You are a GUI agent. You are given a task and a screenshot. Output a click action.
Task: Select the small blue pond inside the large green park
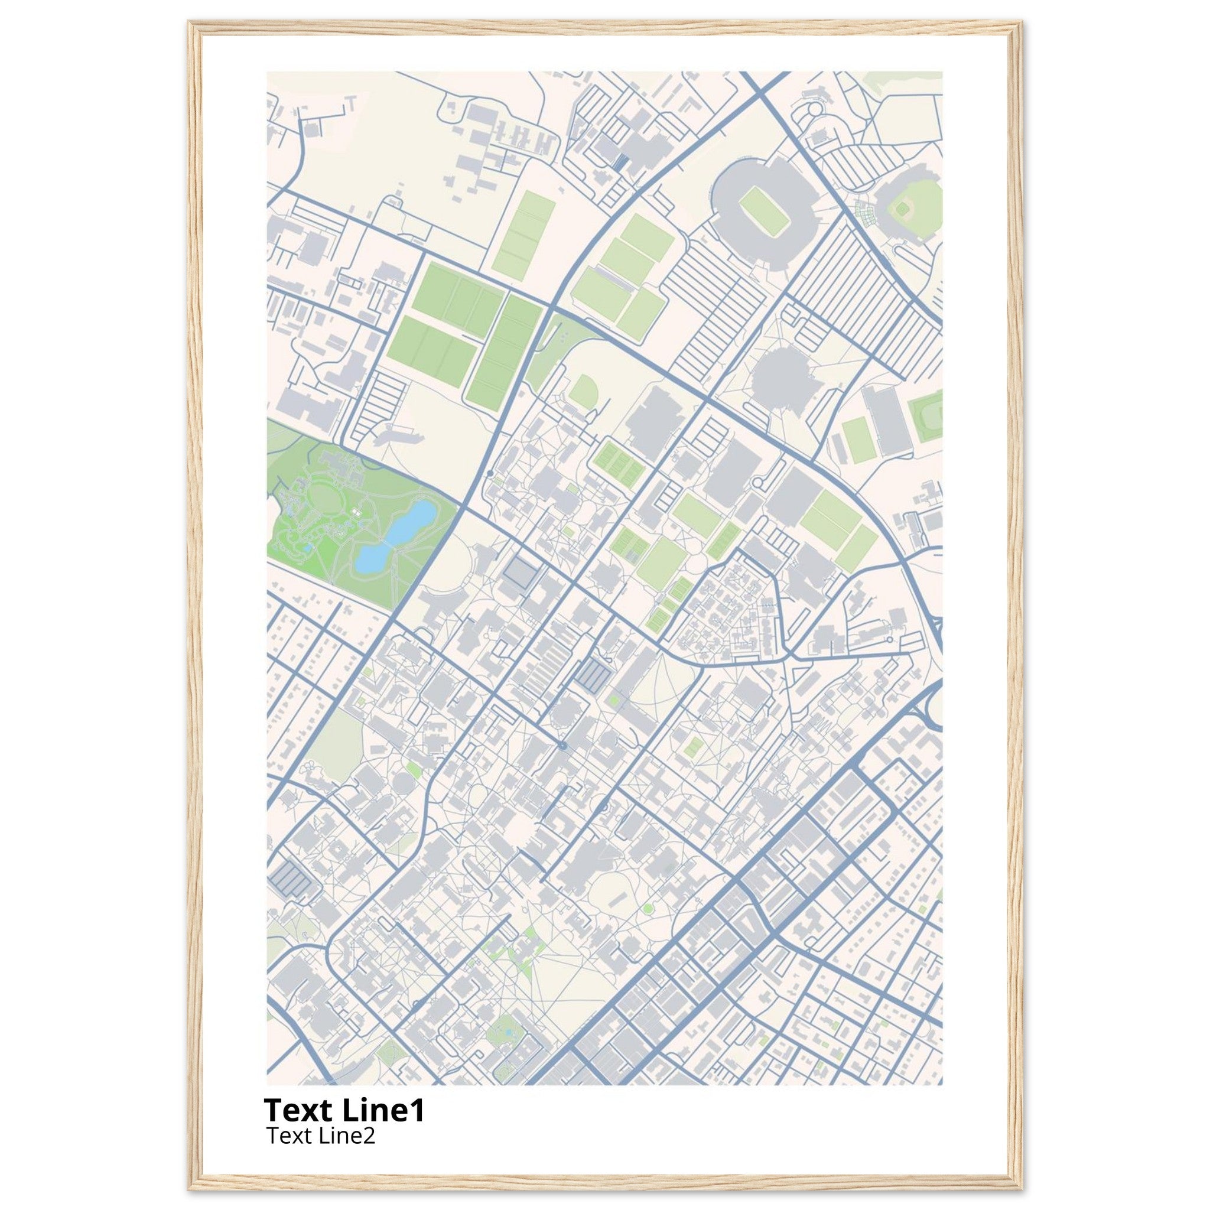pos(307,547)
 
